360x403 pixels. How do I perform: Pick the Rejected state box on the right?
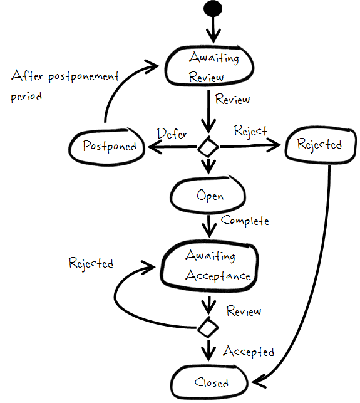tap(319, 145)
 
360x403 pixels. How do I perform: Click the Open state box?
tap(210, 196)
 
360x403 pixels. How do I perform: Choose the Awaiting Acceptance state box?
tap(209, 266)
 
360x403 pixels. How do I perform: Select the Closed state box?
tap(211, 382)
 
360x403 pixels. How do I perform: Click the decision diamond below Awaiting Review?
tap(208, 148)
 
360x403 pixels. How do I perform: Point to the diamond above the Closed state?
tap(208, 326)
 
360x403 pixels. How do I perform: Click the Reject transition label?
tap(250, 131)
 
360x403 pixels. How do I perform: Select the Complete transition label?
tap(245, 221)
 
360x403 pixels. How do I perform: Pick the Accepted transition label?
tap(249, 351)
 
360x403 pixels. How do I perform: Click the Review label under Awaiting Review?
tap(232, 99)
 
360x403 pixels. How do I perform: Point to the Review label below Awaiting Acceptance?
tap(244, 311)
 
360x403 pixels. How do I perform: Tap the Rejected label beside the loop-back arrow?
tap(91, 263)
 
